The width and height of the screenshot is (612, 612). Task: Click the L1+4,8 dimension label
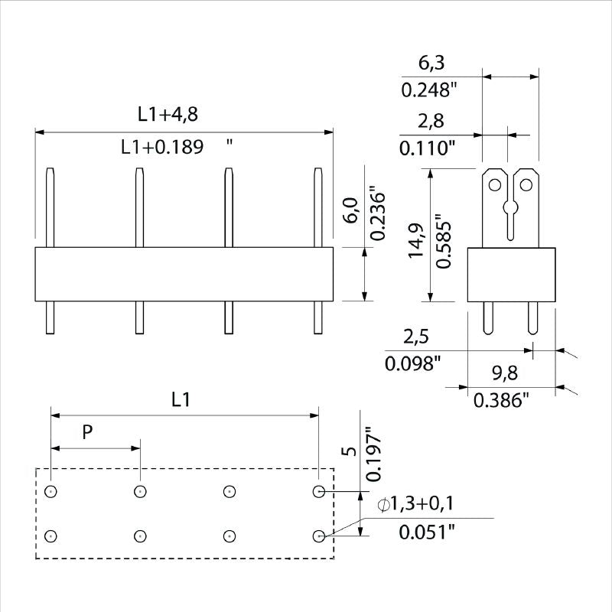click(168, 115)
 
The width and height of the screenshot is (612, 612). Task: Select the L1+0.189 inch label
click(162, 148)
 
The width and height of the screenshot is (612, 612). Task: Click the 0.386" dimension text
click(501, 400)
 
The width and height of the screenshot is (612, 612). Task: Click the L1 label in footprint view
click(181, 399)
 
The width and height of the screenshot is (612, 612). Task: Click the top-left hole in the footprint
click(50, 491)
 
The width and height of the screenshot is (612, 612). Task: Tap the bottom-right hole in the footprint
click(318, 536)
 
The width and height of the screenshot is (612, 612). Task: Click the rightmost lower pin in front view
click(317, 317)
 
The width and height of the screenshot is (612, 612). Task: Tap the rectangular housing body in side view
click(511, 274)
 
